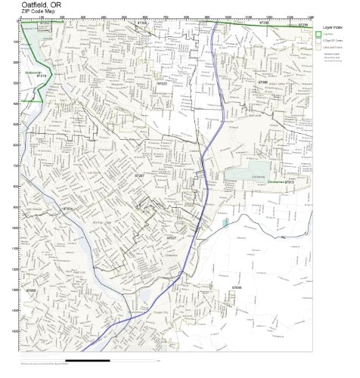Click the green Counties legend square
pos(318,35)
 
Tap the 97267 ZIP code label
pos(140,175)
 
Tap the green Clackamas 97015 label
pos(280,182)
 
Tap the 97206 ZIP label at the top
pos(141,23)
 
